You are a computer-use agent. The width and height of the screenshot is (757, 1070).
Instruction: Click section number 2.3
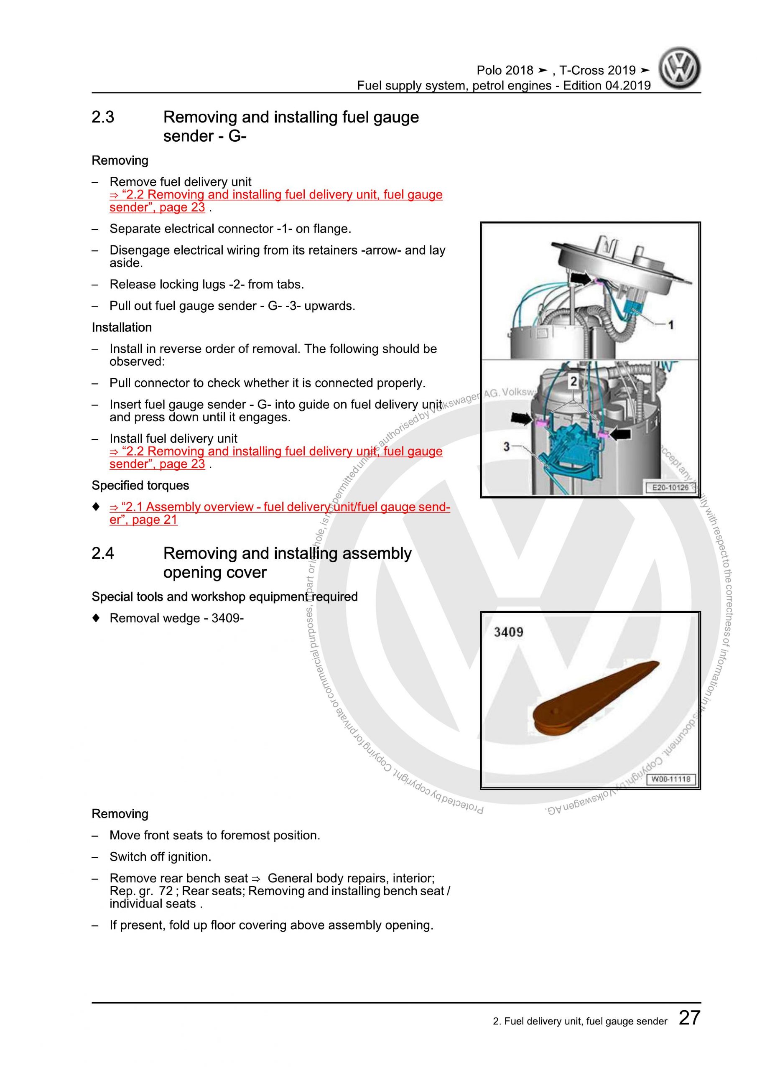click(x=103, y=117)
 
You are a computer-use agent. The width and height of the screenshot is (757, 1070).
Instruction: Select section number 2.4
click(x=103, y=553)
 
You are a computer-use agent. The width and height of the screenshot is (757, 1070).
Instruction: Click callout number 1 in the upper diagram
click(x=671, y=325)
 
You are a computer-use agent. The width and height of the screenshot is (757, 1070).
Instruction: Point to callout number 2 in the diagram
click(x=573, y=382)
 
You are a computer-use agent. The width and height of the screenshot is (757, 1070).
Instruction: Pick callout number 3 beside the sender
click(x=507, y=446)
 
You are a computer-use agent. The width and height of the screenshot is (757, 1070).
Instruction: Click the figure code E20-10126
click(x=670, y=487)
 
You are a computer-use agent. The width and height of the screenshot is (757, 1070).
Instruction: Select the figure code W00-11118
click(x=670, y=779)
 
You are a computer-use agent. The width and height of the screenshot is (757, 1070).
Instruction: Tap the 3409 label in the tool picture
click(x=509, y=632)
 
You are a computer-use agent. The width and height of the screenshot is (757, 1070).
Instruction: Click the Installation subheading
click(x=122, y=328)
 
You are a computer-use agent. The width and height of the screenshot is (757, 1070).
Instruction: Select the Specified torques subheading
click(x=140, y=486)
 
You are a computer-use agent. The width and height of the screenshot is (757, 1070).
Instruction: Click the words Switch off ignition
click(x=161, y=856)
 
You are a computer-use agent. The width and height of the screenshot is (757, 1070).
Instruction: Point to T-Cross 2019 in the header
click(x=598, y=70)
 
